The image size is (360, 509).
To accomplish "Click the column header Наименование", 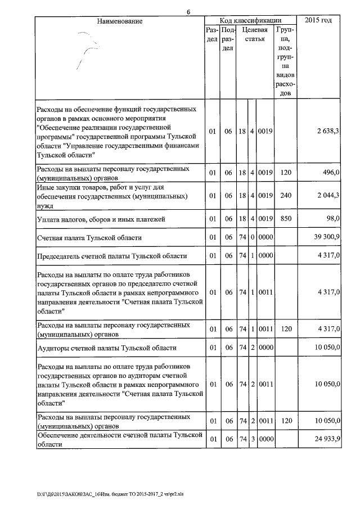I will [120, 21].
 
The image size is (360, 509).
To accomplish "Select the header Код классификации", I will [250, 21].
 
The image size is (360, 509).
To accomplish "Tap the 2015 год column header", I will [318, 21].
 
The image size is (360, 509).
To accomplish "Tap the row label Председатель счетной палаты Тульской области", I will [111, 256].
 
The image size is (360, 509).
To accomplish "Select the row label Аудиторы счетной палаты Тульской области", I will [106, 348].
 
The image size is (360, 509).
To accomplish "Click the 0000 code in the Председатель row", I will [265, 256].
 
